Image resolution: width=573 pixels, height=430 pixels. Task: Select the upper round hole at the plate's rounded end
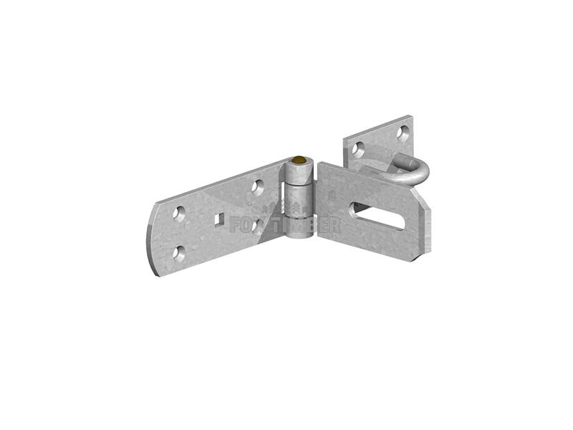pyautogui.click(x=179, y=213)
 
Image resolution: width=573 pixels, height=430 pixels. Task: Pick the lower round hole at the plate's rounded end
pyautogui.click(x=179, y=252)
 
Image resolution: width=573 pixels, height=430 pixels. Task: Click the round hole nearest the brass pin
pyautogui.click(x=259, y=187)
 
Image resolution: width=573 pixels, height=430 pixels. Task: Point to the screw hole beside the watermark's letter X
pyautogui.click(x=259, y=228)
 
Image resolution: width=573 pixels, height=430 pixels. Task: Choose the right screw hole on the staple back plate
pyautogui.click(x=403, y=132)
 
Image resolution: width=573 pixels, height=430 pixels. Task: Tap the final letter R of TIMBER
pyautogui.click(x=334, y=223)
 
